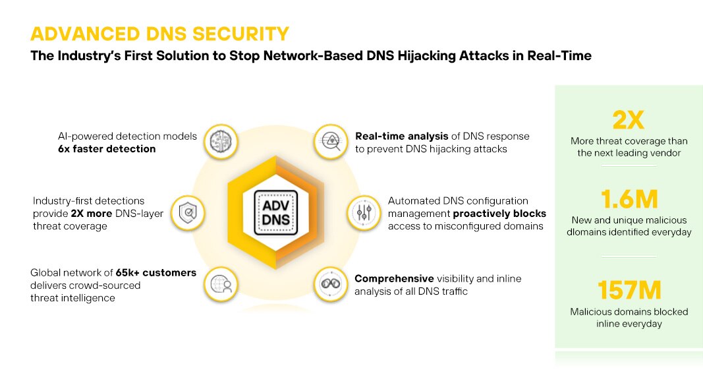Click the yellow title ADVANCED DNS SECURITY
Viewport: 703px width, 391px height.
[160, 34]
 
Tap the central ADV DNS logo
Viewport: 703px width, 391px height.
[275, 212]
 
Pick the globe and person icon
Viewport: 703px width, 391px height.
[221, 284]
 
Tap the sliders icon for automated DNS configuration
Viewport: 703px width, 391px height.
[364, 213]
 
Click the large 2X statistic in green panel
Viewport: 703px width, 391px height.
[629, 120]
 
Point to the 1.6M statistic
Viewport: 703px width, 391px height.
[629, 199]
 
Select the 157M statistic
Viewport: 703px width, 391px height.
[629, 290]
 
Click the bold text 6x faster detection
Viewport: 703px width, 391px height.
[107, 149]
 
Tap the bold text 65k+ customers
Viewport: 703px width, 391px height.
[155, 272]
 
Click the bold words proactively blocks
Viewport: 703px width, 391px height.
[500, 214]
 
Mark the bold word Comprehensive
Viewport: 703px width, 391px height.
[394, 278]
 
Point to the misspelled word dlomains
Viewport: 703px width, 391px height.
[586, 232]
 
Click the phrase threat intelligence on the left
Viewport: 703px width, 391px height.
[72, 298]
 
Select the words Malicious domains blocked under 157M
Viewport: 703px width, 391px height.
[629, 311]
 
